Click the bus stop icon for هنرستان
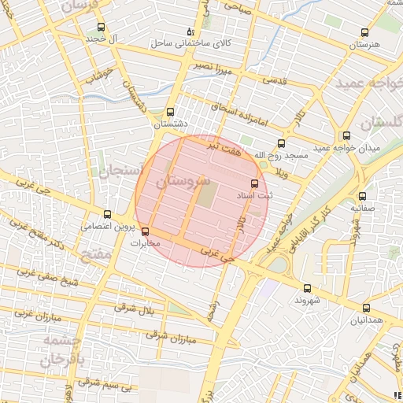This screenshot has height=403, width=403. [x=364, y=32]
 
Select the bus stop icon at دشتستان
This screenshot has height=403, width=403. [x=171, y=112]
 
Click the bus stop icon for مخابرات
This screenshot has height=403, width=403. [x=144, y=231]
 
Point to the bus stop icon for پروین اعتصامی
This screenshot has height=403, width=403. [x=107, y=214]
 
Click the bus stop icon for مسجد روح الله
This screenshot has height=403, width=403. [x=282, y=143]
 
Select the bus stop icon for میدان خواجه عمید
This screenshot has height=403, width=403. [x=346, y=135]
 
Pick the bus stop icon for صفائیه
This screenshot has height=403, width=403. [x=362, y=197]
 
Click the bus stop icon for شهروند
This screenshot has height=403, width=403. [x=307, y=288]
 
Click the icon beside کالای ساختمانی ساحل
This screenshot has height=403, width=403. [x=189, y=32]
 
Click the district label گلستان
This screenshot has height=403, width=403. [x=381, y=123]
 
